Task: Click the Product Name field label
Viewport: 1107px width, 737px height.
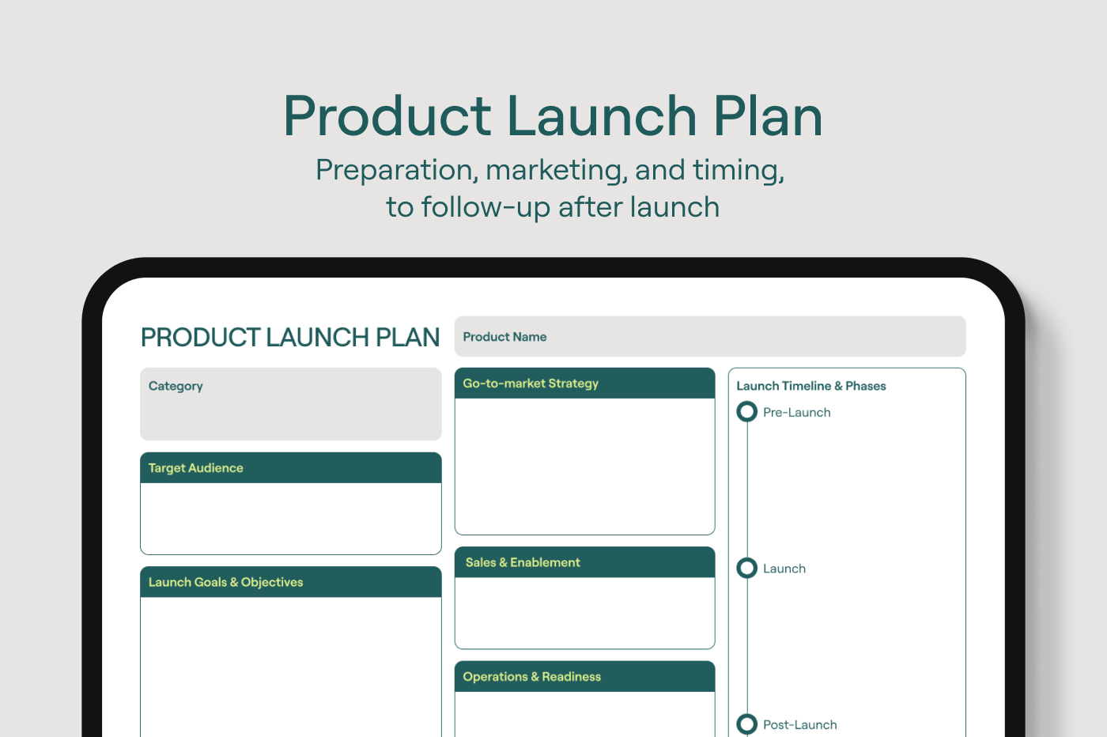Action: (504, 337)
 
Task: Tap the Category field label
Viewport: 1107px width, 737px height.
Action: (176, 386)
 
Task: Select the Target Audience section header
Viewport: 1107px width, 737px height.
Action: (196, 467)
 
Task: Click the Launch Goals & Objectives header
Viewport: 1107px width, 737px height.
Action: (226, 582)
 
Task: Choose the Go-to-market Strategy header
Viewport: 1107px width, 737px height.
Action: (531, 384)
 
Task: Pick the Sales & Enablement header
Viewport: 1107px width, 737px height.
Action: (523, 562)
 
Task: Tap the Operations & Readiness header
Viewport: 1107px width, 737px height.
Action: (531, 676)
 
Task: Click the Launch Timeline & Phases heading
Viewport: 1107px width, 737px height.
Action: (811, 386)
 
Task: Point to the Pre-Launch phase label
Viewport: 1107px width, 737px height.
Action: (797, 412)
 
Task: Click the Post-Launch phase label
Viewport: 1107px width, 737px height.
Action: (800, 724)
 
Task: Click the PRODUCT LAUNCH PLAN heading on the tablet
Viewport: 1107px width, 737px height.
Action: (290, 337)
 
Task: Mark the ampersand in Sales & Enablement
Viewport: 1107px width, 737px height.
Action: (503, 562)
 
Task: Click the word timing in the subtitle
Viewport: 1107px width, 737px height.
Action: (739, 171)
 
